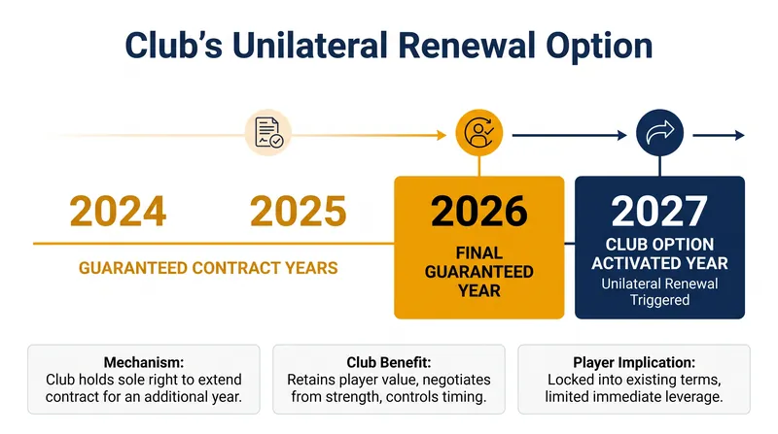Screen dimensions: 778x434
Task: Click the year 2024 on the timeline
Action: [x=118, y=212]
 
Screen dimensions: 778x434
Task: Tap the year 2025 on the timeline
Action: [x=299, y=212]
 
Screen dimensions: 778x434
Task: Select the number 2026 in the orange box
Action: [x=479, y=212]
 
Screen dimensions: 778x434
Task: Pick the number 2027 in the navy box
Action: [x=659, y=212]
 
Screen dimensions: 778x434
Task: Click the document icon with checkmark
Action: [x=268, y=133]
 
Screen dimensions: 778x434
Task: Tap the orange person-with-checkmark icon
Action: [x=479, y=133]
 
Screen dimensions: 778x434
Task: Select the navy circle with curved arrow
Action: [x=660, y=133]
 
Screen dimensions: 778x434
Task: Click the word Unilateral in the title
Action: [x=309, y=46]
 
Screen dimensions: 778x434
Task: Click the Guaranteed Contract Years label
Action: [x=208, y=268]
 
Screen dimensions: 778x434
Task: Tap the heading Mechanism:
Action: [x=144, y=362]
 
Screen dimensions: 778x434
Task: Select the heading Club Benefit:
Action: [x=389, y=362]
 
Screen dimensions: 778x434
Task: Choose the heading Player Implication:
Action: [x=634, y=362]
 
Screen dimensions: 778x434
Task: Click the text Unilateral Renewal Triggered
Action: [x=659, y=292]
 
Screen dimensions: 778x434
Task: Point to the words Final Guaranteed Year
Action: [x=479, y=272]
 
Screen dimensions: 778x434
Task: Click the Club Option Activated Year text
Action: [x=659, y=253]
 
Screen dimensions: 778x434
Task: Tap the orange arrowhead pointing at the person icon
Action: [x=442, y=135]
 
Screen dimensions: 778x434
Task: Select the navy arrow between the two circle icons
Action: [x=570, y=135]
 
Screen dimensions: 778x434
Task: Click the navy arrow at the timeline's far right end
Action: [x=719, y=135]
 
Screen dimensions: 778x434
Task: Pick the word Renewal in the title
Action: [x=467, y=46]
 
